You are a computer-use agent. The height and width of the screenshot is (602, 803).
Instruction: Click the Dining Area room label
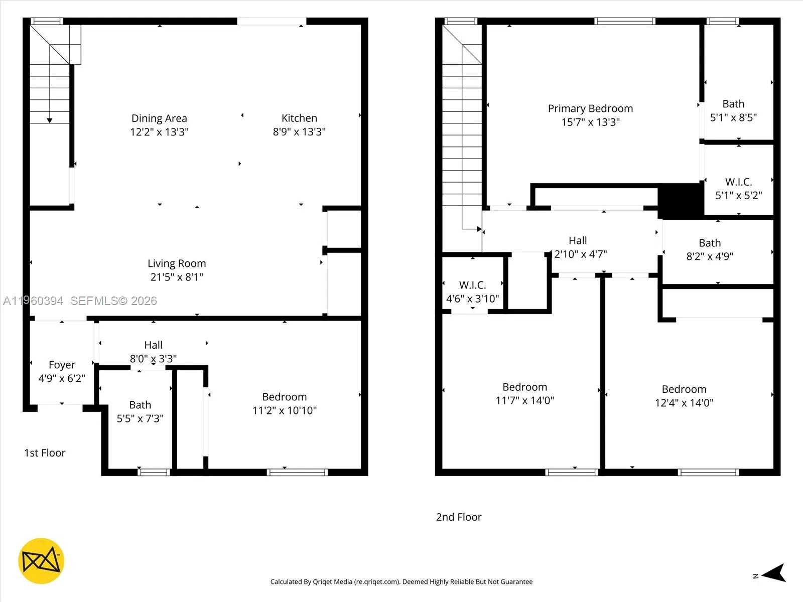[159, 118]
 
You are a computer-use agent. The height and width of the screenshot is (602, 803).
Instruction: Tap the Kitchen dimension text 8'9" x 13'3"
[299, 132]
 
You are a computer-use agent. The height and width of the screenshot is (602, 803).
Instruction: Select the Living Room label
[177, 263]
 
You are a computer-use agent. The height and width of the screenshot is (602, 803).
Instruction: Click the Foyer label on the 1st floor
[62, 365]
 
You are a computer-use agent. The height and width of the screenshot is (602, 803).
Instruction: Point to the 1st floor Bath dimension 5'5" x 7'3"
[140, 418]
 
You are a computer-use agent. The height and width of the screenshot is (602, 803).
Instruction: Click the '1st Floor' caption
[45, 453]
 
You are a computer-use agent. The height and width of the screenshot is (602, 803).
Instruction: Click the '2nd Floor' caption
[459, 517]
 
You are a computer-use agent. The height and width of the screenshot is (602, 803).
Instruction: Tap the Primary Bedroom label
[590, 108]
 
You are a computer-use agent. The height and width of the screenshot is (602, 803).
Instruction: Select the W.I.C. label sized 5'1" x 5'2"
[738, 182]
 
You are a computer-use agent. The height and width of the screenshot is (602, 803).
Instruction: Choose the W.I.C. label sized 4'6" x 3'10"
[472, 285]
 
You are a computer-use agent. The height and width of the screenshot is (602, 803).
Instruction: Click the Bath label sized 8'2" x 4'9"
[710, 243]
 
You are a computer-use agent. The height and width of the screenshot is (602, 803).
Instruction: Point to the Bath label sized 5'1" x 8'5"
[733, 104]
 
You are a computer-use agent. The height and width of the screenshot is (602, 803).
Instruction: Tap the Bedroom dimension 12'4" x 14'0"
[684, 403]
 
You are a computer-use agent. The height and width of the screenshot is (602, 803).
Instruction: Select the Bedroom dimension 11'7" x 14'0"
[524, 400]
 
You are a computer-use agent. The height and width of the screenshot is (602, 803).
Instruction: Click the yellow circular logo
[41, 561]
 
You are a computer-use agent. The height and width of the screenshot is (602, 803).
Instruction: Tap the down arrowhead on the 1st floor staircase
[50, 120]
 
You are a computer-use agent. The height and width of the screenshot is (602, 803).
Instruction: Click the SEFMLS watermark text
[113, 300]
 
